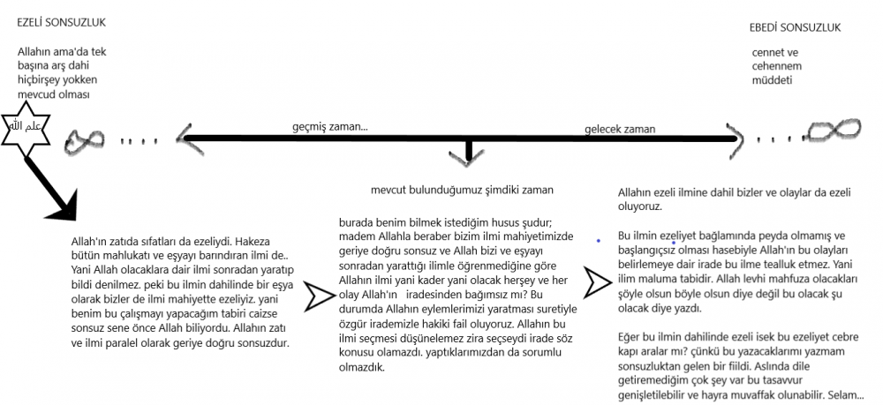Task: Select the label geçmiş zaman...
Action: point(329,127)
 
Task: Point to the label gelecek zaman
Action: point(620,129)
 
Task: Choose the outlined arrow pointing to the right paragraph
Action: point(600,281)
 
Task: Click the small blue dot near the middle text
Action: point(600,240)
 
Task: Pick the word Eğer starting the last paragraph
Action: point(630,337)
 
